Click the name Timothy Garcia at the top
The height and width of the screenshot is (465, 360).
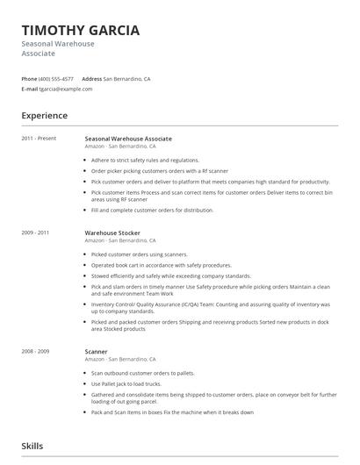(x=80, y=31)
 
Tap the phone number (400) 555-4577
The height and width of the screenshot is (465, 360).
(x=57, y=79)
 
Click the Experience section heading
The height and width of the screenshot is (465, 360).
(x=45, y=116)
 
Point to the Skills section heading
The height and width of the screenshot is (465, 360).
(x=32, y=446)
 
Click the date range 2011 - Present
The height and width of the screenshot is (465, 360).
(x=40, y=139)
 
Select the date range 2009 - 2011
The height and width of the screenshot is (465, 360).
(x=36, y=232)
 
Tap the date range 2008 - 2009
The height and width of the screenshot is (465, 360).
(x=36, y=352)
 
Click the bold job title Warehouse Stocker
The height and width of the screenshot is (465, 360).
(x=112, y=232)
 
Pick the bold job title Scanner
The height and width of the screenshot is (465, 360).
(x=97, y=352)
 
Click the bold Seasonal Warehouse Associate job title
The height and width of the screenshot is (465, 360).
(x=128, y=139)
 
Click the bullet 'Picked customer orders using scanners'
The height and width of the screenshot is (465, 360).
(x=140, y=254)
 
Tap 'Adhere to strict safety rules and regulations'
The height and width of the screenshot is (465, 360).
(x=145, y=161)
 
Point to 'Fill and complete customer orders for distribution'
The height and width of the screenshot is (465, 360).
(x=152, y=211)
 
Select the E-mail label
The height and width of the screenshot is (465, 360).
(x=30, y=89)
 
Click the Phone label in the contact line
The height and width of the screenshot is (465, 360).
(x=29, y=79)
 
